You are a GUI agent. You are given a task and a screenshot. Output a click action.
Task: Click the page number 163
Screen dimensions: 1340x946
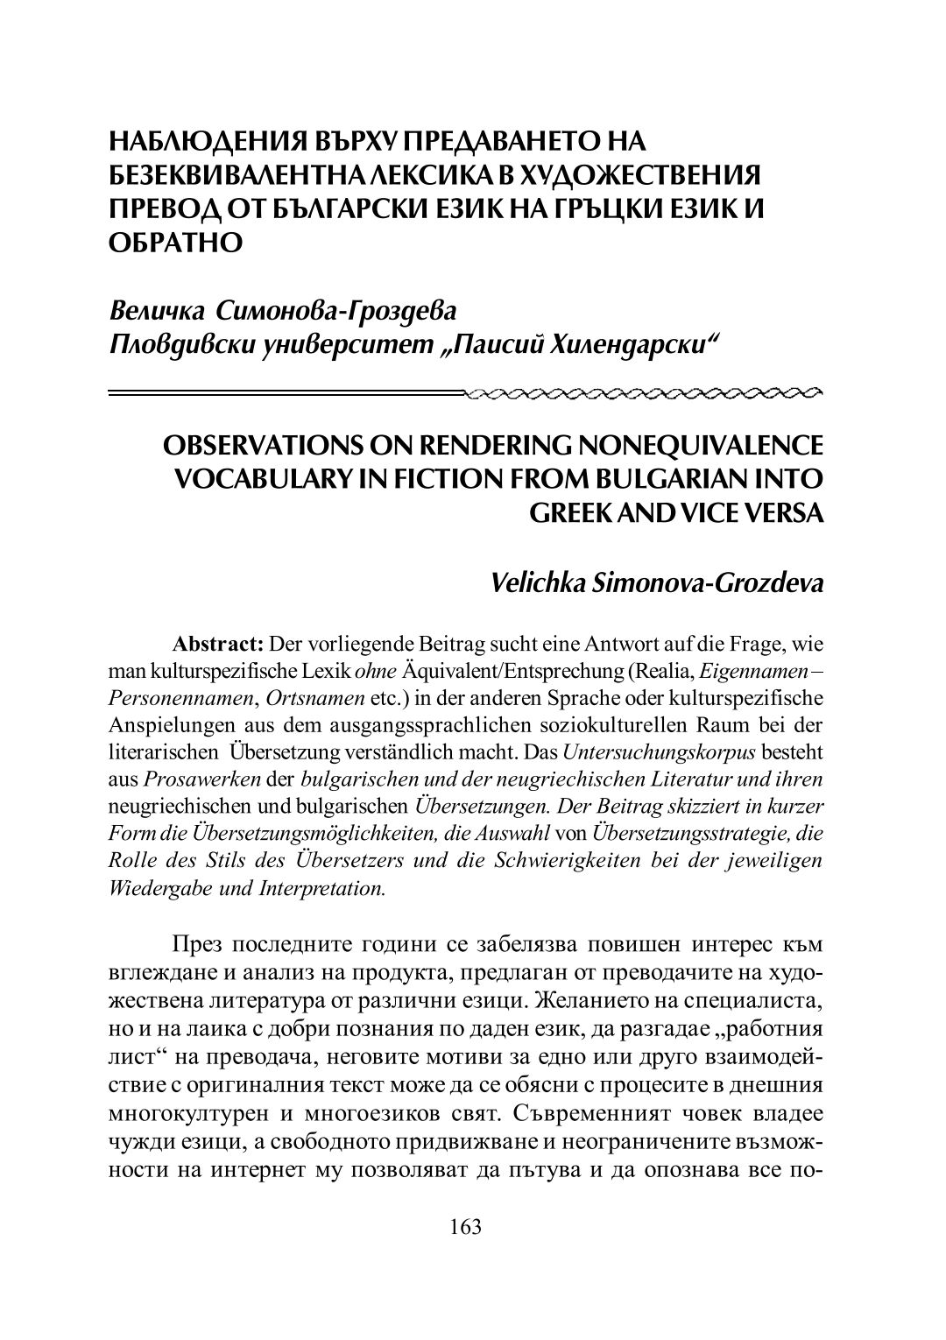pos(465,1226)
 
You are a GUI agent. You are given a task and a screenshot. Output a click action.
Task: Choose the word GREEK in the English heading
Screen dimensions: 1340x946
pos(573,512)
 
